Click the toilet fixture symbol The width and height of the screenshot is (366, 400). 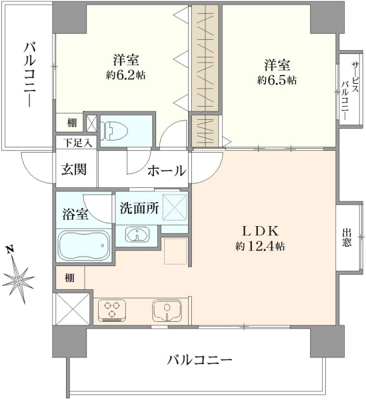pyautogui.click(x=114, y=131)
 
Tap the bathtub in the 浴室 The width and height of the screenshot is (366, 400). pyautogui.click(x=83, y=245)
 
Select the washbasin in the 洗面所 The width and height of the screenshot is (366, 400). pyautogui.click(x=137, y=234)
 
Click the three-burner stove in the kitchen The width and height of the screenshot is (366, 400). pyautogui.click(x=112, y=311)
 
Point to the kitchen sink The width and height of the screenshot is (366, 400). pyautogui.click(x=167, y=310)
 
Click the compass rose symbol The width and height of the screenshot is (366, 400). pyautogui.click(x=18, y=281)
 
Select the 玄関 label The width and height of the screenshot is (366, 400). pyautogui.click(x=74, y=169)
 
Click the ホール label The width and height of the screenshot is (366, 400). pyautogui.click(x=167, y=171)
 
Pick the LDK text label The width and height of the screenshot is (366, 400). pyautogui.click(x=260, y=231)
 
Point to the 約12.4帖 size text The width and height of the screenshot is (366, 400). pyautogui.click(x=260, y=247)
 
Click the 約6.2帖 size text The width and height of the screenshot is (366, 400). pyautogui.click(x=126, y=75)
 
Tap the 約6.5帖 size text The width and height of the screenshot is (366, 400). pyautogui.click(x=277, y=80)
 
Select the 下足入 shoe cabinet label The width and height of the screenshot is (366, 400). pyautogui.click(x=77, y=143)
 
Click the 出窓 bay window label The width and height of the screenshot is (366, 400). pyautogui.click(x=347, y=237)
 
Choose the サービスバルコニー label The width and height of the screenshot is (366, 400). pyautogui.click(x=349, y=91)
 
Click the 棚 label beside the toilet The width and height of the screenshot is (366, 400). pyautogui.click(x=72, y=123)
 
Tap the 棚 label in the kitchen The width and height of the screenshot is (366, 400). pyautogui.click(x=69, y=278)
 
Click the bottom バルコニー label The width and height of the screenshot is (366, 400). pyautogui.click(x=199, y=360)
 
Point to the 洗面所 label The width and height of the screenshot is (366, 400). pyautogui.click(x=139, y=208)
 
